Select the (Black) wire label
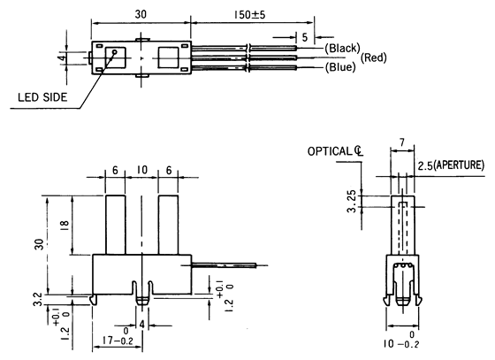click(x=341, y=46)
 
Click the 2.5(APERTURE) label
click(x=451, y=165)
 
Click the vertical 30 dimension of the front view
click(x=35, y=245)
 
